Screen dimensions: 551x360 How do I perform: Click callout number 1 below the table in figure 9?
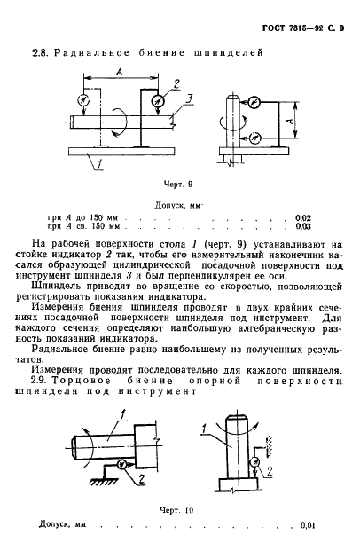coord(99,162)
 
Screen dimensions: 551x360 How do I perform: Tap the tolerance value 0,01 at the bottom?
coord(309,525)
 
